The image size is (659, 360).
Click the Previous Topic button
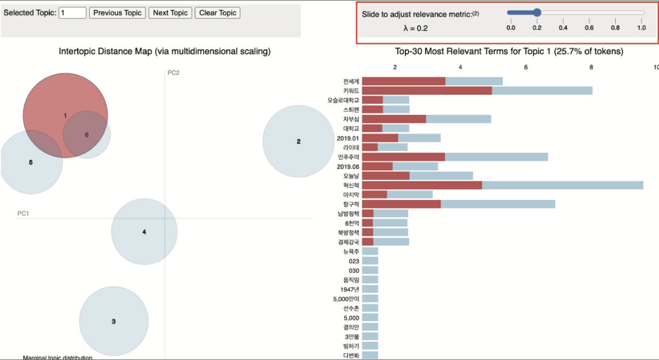pos(117,13)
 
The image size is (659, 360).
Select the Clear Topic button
pos(218,13)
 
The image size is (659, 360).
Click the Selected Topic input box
pos(72,13)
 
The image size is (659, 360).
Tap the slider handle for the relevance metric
pos(537,12)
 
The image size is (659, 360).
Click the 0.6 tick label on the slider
pos(589,27)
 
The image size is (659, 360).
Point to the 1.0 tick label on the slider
pos(641,27)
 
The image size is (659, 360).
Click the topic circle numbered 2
pos(298,142)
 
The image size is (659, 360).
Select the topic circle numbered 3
pos(114,322)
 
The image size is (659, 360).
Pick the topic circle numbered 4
pos(144,232)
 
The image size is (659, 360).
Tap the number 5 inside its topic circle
pos(30,162)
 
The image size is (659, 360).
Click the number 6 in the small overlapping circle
pos(87,135)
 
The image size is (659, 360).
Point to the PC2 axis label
pos(174,73)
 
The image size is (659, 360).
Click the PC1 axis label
pos(24,213)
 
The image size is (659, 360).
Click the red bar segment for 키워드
pos(427,91)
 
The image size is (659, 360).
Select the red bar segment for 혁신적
pos(422,185)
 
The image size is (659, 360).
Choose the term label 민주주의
pos(348,157)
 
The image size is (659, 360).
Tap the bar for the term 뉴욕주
pos(370,251)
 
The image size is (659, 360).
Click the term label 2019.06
pos(348,166)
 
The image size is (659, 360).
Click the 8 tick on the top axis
pos(591,67)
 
